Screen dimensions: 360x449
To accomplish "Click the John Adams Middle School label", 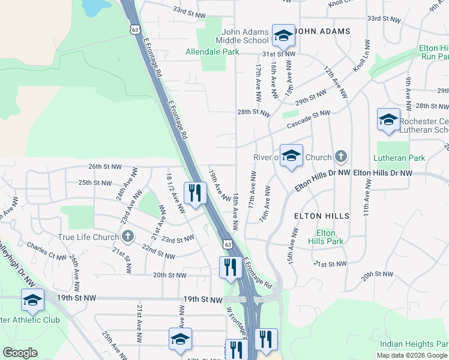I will pos(245,36).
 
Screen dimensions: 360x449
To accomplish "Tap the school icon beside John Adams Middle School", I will pos(283,35).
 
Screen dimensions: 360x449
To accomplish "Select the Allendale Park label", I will pos(212,52).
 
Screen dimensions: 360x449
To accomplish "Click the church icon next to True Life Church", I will pos(127,236).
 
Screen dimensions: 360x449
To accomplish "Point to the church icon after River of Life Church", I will pos(341,157).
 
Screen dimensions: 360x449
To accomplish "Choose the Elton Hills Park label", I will pos(326,236).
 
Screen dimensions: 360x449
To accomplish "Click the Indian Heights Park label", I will pos(414,344).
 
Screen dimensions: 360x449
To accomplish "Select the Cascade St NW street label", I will pos(309,119).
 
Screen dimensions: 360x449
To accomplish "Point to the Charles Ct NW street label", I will pos(46,250).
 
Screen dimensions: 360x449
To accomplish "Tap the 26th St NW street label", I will pos(104,166).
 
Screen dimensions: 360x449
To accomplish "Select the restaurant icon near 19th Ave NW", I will pos(195,193).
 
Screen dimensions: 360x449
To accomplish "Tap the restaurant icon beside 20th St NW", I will pos(231,268).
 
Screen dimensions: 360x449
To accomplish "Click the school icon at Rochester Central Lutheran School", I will pos(388,119).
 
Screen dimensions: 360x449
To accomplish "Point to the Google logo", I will pos(20,352).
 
